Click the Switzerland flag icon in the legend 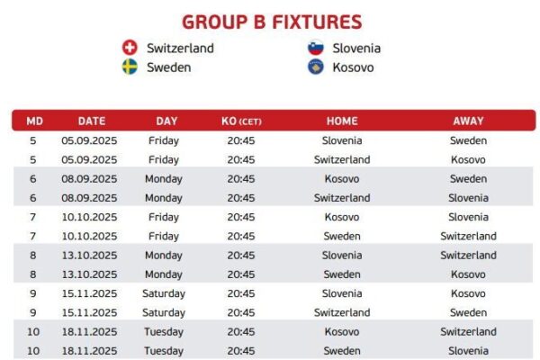(130, 48)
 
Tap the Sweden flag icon (130, 67)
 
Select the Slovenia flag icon (316, 48)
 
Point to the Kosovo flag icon (316, 67)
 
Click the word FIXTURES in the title (317, 22)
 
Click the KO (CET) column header (241, 121)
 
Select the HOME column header (342, 121)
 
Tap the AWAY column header (468, 121)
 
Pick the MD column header (34, 121)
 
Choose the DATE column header (92, 121)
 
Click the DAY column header (166, 121)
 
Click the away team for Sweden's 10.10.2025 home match (468, 236)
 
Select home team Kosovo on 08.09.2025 (342, 179)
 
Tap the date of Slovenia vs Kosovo (89, 293)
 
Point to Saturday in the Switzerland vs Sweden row (164, 313)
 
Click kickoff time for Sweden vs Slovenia (241, 351)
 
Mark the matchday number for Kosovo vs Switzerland (33, 332)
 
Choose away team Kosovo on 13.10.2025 (468, 274)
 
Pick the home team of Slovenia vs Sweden (342, 140)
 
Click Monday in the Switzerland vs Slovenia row (164, 198)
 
